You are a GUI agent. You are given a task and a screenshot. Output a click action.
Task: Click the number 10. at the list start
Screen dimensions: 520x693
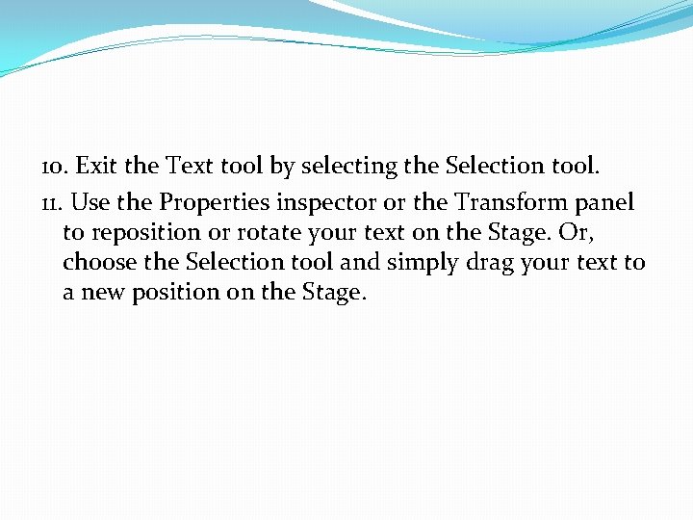tap(54, 167)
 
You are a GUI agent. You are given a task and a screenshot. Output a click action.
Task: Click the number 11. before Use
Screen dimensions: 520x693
tap(53, 203)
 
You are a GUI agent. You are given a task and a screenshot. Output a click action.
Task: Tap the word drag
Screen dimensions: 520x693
tap(514, 262)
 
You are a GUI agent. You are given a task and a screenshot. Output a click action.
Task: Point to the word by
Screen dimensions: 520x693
tap(282, 167)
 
